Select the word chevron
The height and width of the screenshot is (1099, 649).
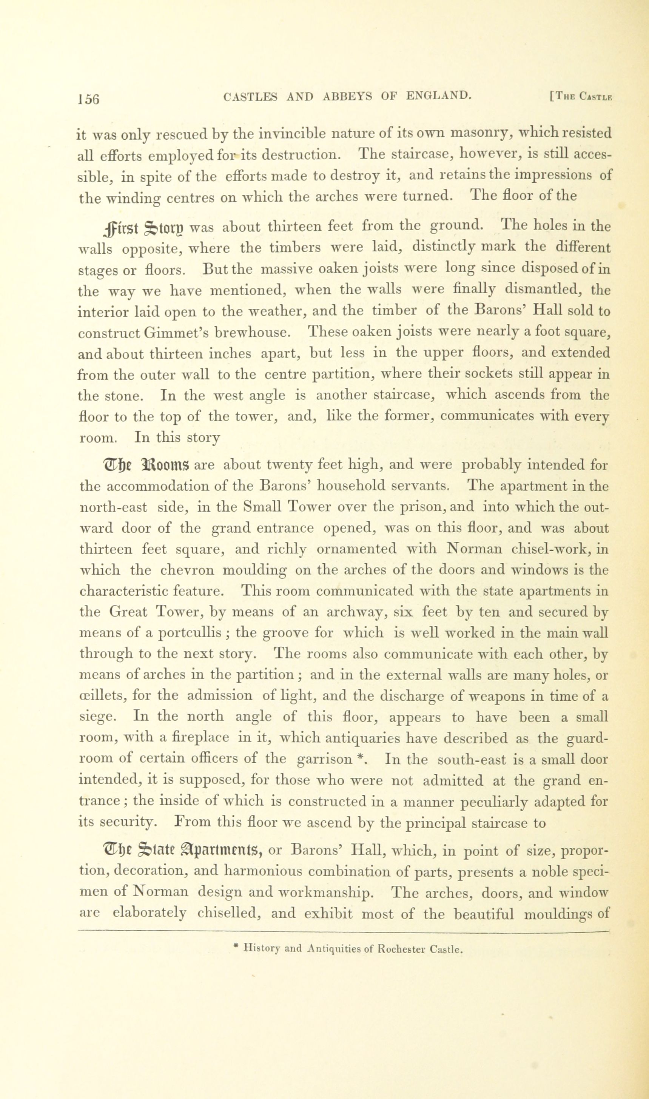tap(186, 570)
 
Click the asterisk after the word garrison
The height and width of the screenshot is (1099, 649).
tap(360, 757)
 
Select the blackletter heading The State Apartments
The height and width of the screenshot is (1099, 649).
tap(182, 851)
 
